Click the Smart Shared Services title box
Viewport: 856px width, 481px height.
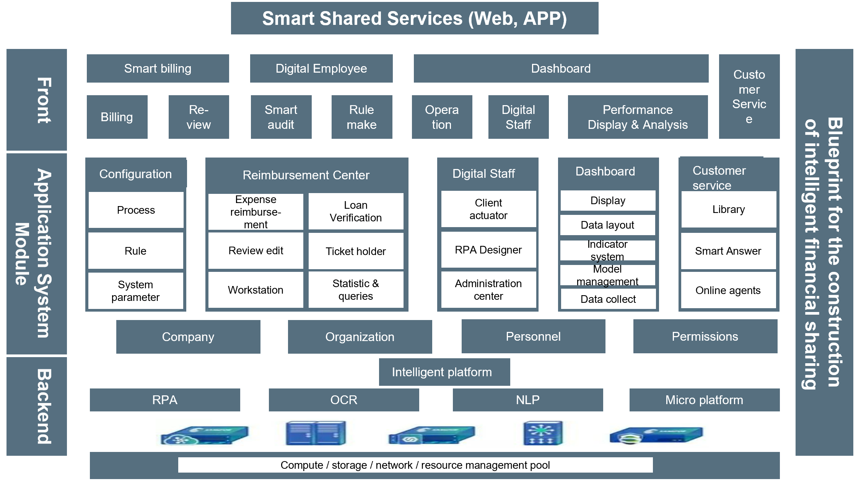tap(415, 18)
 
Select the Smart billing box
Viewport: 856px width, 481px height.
tap(158, 68)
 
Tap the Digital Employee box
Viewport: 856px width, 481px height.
tap(321, 68)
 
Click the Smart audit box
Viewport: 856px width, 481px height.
tap(281, 117)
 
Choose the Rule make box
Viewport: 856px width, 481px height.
tap(362, 117)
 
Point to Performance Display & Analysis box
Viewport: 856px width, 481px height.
tap(638, 117)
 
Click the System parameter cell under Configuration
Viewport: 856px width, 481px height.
tap(136, 291)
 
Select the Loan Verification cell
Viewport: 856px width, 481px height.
tap(356, 211)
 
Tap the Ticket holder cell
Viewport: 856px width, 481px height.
tap(356, 251)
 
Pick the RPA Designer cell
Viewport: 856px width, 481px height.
tap(488, 250)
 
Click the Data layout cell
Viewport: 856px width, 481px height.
tap(607, 225)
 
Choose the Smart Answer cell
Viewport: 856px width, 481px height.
tap(728, 251)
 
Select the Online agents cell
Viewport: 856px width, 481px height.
tap(728, 290)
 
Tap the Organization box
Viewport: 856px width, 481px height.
tap(360, 337)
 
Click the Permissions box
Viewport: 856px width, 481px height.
tap(705, 336)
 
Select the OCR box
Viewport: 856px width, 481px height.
tap(344, 400)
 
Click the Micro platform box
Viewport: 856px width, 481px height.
tap(704, 400)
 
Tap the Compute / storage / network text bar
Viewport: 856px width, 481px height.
tap(415, 465)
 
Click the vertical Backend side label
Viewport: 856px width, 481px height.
tap(37, 406)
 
